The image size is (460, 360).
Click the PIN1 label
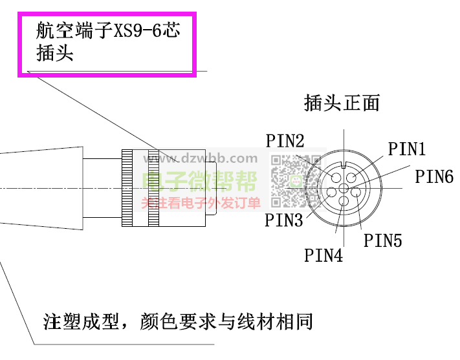pos(406,149)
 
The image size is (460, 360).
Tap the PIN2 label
pos(285,141)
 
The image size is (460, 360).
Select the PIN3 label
pos(283,220)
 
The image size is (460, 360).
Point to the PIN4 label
pos(323,255)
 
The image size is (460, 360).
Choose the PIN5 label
pos(382,240)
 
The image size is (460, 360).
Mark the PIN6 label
pos(434,176)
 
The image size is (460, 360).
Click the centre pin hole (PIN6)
pos(344,188)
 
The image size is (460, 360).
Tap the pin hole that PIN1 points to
pos(352,177)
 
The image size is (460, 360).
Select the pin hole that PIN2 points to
pos(335,177)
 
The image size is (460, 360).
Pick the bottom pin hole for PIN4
pos(344,201)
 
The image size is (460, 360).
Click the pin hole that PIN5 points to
pos(355,191)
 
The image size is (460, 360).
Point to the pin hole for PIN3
pos(332,191)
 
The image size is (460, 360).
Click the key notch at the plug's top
pos(344,162)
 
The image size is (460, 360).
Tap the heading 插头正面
pos(341,102)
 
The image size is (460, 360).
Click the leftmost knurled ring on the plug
pos(128,188)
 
